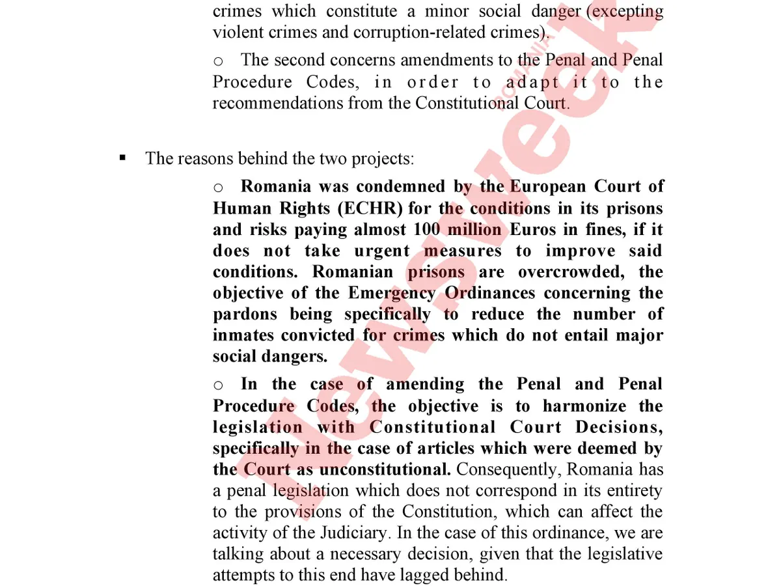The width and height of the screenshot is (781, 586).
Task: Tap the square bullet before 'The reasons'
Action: tap(122, 158)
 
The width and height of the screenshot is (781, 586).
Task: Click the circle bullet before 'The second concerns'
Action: tap(219, 61)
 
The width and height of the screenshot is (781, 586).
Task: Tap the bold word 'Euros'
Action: tap(533, 229)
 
